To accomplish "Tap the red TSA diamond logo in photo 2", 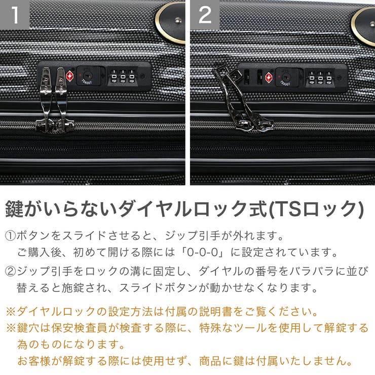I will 268,78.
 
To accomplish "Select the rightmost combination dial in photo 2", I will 329,77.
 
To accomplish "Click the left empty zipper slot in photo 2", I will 247,77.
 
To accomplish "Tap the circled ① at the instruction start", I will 11,236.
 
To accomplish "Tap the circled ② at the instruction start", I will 11,271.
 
